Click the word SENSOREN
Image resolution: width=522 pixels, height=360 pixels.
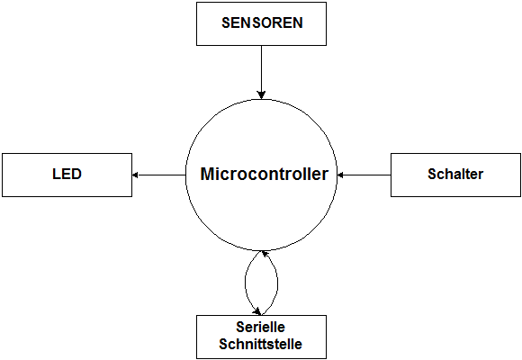click(262, 22)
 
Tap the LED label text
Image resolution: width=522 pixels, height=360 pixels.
click(67, 174)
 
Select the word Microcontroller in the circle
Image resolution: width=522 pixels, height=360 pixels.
click(265, 174)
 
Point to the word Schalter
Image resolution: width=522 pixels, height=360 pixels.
click(455, 174)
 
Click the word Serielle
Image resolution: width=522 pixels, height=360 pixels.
click(260, 327)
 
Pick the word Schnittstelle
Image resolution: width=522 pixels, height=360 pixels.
click(260, 344)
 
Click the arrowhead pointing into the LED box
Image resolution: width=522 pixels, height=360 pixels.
click(135, 175)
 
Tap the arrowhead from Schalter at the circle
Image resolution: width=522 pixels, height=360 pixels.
click(340, 175)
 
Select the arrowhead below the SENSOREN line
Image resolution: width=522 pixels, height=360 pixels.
click(261, 94)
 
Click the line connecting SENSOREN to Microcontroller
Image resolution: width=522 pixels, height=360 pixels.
click(261, 72)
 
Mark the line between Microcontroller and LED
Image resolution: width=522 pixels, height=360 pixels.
click(158, 175)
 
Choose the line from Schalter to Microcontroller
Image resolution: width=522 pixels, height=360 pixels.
click(364, 175)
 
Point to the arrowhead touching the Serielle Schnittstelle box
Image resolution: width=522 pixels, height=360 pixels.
click(256, 311)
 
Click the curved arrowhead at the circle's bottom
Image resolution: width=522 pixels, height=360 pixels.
click(265, 254)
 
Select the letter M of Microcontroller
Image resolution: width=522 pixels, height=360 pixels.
click(207, 174)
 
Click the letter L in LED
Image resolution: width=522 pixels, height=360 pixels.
click(56, 174)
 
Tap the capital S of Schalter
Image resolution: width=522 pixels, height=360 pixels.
click(432, 174)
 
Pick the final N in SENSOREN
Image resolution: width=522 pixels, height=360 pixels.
click(298, 22)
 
